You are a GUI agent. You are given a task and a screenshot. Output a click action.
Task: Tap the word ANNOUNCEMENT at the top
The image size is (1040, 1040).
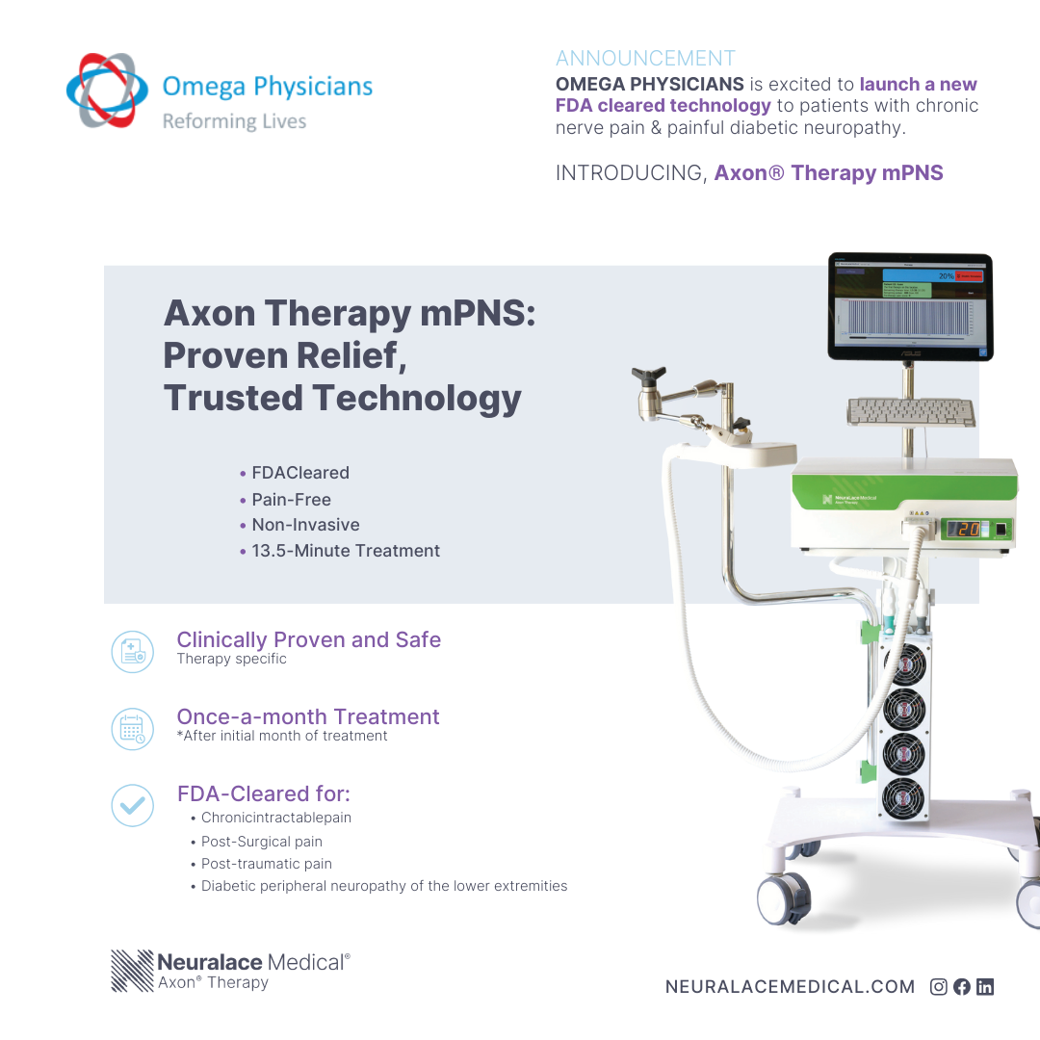tap(645, 59)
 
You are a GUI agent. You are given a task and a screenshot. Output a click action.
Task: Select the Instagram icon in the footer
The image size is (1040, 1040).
tap(938, 986)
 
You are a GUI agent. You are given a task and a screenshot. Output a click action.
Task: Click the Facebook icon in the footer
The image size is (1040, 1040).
tap(961, 986)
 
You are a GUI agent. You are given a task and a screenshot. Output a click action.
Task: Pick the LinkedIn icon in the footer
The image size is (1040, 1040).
tap(984, 986)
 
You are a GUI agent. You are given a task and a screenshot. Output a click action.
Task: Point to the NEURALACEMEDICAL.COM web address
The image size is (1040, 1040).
tap(790, 986)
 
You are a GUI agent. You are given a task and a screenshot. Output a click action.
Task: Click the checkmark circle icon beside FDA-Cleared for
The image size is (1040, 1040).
tap(132, 805)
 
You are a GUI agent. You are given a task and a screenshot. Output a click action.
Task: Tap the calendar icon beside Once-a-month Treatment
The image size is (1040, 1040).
tap(132, 728)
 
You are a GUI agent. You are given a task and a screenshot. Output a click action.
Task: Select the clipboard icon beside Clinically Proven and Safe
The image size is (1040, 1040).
tap(132, 651)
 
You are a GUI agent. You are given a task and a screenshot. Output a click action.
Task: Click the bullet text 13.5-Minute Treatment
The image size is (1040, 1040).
tap(346, 551)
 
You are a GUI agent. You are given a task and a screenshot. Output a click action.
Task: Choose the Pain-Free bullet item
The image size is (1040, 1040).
tap(291, 500)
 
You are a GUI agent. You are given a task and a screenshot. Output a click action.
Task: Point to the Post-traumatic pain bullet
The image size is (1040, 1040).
tap(266, 864)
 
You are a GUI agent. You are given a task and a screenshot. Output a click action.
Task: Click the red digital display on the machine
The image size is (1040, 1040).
tap(964, 529)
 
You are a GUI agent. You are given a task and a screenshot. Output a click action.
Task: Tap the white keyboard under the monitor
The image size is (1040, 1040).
tap(910, 411)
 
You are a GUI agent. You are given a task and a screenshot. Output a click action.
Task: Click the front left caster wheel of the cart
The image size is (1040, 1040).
tap(778, 897)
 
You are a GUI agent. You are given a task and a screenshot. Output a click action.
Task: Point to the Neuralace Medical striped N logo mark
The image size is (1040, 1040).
tap(132, 971)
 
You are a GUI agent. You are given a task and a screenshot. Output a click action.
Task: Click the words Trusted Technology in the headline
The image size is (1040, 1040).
tap(343, 398)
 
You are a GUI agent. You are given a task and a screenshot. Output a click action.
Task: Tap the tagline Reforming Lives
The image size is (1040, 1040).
tap(234, 121)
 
